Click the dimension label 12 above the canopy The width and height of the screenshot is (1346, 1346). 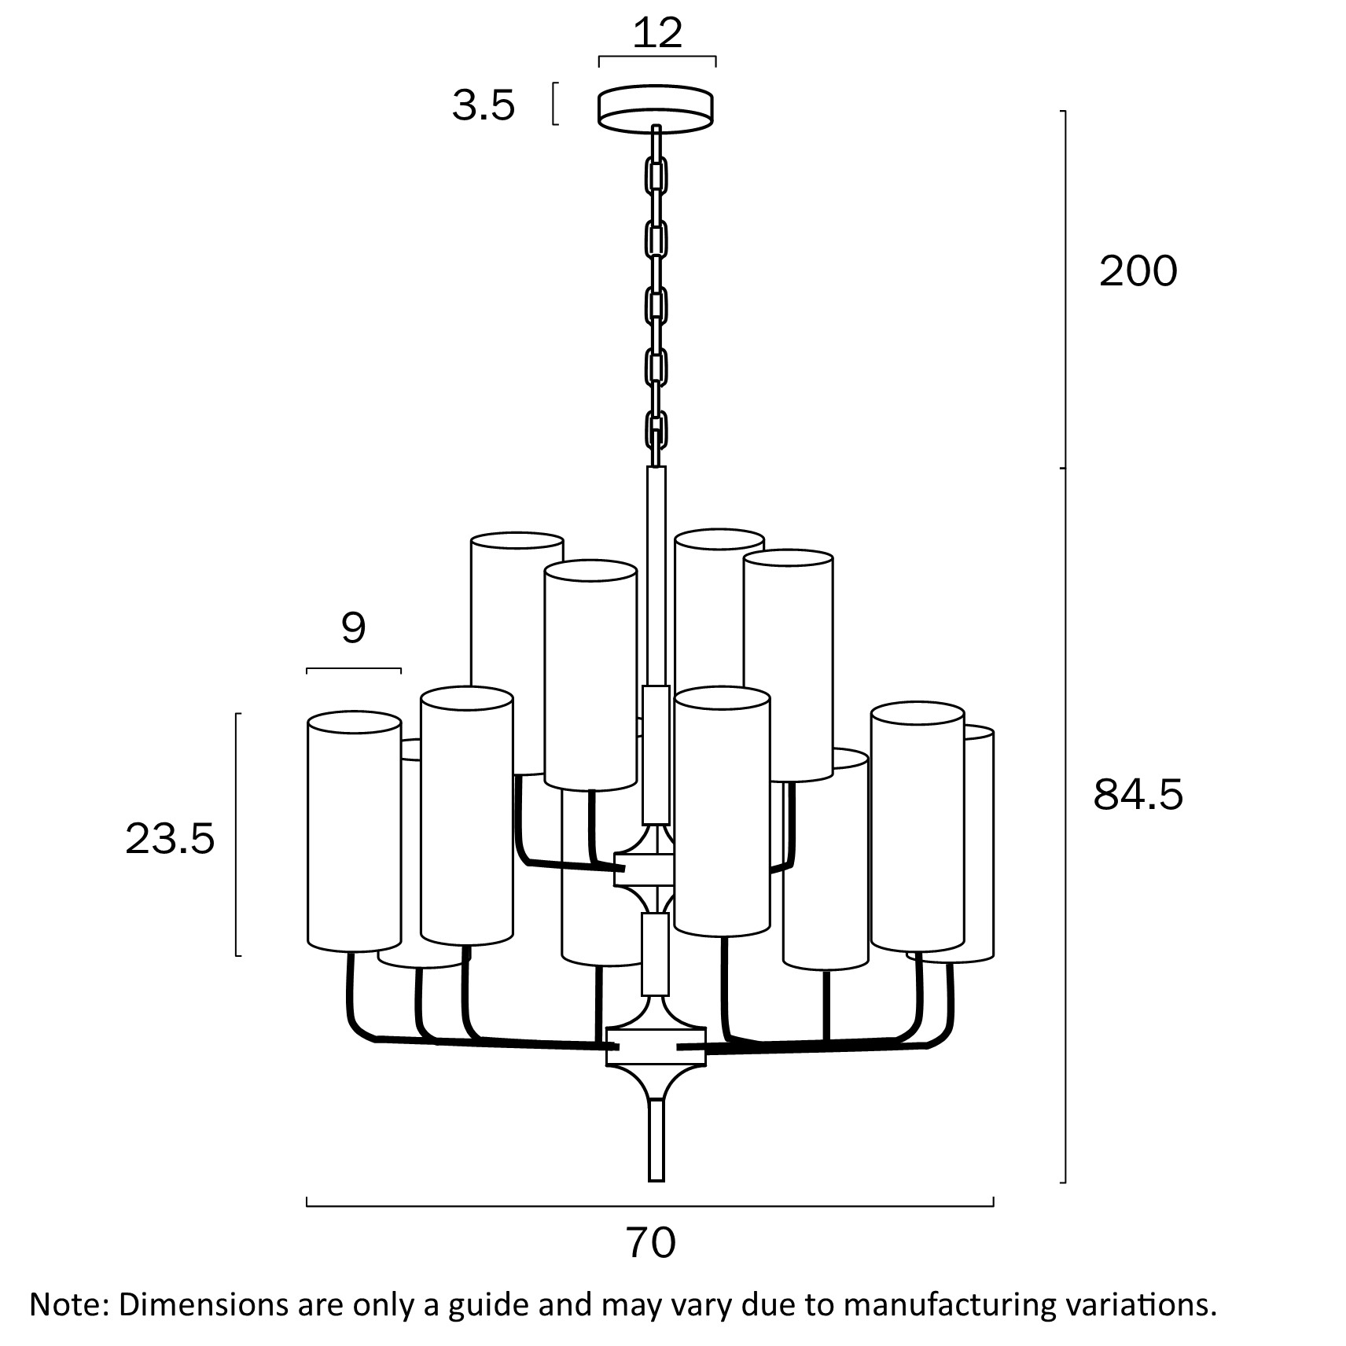point(657,33)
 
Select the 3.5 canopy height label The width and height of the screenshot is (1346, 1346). point(483,105)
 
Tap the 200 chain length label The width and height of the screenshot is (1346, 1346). point(1138,271)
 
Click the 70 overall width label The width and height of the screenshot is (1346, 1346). point(651,1243)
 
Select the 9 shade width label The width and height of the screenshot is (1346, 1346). point(353,627)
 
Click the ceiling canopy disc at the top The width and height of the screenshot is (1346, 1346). point(656,107)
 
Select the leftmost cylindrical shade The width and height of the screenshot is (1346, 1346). point(354,832)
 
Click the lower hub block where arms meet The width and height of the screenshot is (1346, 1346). point(656,1046)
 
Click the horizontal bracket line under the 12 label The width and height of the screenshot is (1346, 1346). point(657,57)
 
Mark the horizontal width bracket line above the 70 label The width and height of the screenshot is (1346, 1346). point(649,1205)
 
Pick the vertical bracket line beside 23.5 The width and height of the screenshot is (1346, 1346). point(237,833)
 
